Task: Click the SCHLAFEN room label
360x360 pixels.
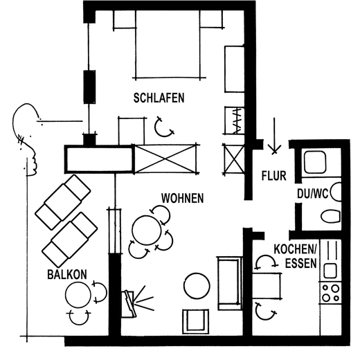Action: (159, 98)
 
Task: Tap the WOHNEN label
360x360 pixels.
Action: (182, 198)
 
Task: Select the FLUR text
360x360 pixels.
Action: (274, 176)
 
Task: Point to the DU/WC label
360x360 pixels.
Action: (313, 193)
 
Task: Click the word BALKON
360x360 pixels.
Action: (67, 274)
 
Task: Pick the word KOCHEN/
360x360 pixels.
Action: (295, 249)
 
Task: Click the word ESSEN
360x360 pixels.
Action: (301, 263)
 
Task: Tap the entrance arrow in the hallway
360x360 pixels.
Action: (274, 136)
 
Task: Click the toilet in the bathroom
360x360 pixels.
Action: (331, 216)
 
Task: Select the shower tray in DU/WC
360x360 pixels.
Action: (315, 162)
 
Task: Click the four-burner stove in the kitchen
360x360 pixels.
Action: (330, 293)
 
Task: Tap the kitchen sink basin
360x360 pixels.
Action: (330, 271)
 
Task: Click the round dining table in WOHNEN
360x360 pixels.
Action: (147, 231)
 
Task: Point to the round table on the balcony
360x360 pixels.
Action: (78, 295)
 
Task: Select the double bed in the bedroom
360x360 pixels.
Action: (168, 44)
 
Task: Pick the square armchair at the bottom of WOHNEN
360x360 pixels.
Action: (196, 321)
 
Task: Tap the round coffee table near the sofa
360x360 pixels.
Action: (197, 286)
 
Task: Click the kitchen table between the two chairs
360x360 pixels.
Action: (267, 286)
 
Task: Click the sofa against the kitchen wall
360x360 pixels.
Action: (230, 283)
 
